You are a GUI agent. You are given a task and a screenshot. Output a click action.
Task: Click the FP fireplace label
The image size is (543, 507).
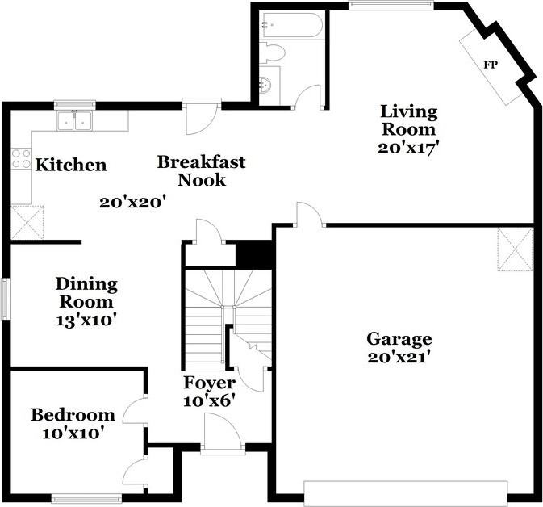(491, 65)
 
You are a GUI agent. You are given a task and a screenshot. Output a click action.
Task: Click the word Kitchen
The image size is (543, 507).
(71, 165)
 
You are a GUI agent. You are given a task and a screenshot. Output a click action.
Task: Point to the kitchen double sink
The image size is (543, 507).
(74, 120)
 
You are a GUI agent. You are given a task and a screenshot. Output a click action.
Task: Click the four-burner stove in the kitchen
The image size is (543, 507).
(21, 158)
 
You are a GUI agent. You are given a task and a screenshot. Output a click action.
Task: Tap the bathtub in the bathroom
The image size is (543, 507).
(291, 25)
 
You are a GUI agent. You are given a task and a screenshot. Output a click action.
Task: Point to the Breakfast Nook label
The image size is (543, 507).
(201, 171)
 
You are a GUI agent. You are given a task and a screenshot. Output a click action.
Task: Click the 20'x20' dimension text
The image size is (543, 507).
(131, 203)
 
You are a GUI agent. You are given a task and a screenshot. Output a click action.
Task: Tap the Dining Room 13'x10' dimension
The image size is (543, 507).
(86, 321)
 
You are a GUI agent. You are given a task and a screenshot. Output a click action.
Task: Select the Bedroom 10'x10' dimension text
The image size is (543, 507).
(73, 434)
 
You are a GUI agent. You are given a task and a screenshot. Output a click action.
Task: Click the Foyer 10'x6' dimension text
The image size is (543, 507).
(209, 401)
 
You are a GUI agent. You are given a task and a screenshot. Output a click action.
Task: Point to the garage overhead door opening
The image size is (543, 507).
(406, 493)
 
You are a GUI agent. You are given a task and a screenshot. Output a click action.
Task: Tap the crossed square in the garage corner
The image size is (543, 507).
(516, 249)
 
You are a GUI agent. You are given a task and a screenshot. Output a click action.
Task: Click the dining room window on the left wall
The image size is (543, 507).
(6, 299)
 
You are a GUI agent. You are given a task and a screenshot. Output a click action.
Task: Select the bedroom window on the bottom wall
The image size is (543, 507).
(86, 500)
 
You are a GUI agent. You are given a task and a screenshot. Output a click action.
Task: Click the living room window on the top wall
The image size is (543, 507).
(391, 5)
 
